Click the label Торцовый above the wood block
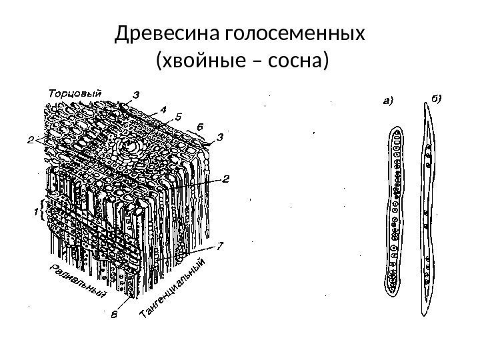point(75,93)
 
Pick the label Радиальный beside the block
point(79,279)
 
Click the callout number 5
point(179,114)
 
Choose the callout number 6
point(199,125)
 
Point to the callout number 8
point(115,316)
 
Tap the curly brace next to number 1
point(44,211)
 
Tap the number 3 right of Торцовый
point(137,95)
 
